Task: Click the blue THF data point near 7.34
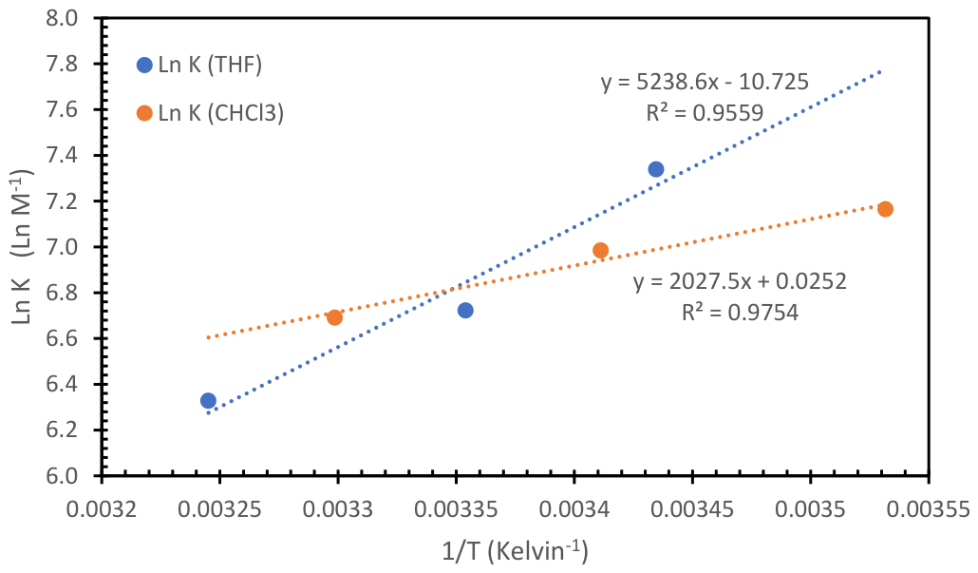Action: pos(656,169)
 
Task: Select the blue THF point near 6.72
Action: pos(465,311)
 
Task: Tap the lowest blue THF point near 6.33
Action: pos(208,401)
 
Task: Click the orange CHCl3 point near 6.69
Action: pos(334,317)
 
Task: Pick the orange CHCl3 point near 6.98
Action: pos(600,251)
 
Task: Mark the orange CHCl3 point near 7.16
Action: pos(885,209)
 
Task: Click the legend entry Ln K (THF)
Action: pos(199,65)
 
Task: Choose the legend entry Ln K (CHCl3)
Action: pos(211,113)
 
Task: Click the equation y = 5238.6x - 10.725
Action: pos(705,82)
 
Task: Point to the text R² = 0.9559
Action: pos(704,113)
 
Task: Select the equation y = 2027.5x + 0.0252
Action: pos(740,280)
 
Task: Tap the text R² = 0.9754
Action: pos(740,311)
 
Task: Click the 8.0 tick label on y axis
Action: pos(74,19)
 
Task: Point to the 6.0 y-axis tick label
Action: pos(74,476)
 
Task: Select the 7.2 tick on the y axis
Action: pos(74,201)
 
